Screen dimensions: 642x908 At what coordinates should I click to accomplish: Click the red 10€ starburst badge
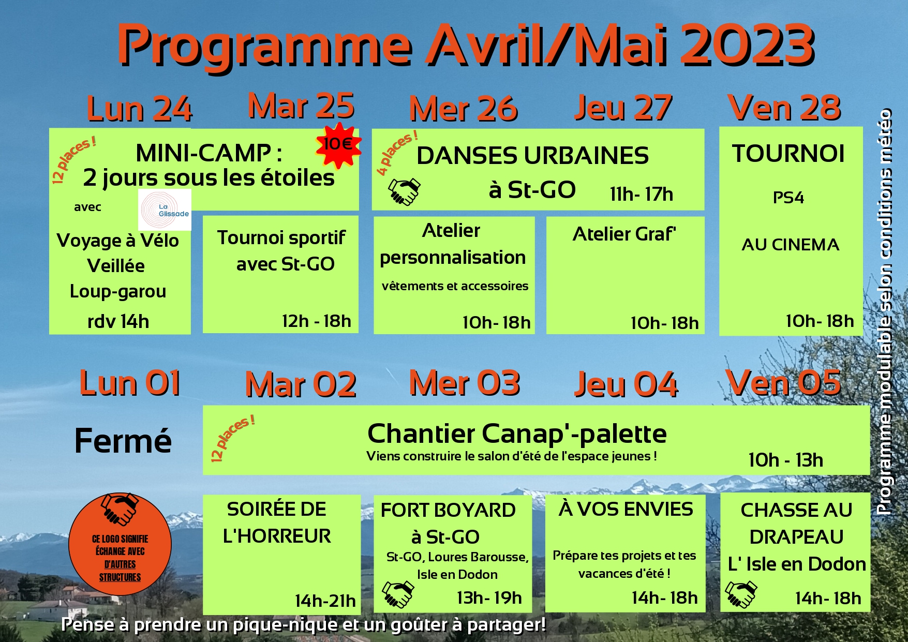click(x=338, y=145)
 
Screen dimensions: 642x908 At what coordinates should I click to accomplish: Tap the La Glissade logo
click(x=165, y=210)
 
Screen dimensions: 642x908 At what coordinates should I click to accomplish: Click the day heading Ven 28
click(x=784, y=108)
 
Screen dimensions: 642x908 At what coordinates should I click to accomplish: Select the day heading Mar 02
click(x=301, y=385)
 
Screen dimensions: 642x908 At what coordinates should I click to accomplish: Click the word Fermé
click(x=123, y=441)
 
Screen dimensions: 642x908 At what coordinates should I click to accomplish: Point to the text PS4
click(x=788, y=198)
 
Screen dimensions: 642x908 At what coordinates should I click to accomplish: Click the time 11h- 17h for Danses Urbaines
click(x=641, y=195)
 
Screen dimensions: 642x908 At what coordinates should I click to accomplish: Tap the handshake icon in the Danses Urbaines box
click(x=404, y=192)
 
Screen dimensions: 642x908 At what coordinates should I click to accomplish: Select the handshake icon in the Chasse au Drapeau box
click(x=741, y=594)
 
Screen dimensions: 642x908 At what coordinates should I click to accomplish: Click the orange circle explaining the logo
click(x=120, y=544)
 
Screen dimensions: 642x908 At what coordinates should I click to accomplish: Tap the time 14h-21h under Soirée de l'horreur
click(x=325, y=601)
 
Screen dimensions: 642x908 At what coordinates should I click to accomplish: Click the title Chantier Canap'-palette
click(x=517, y=434)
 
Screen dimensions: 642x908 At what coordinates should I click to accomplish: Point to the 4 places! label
click(x=396, y=153)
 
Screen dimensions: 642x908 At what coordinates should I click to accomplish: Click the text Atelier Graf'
click(x=624, y=234)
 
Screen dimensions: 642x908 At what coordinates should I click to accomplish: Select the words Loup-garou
click(x=118, y=291)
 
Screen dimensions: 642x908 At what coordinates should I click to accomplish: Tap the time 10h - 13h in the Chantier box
click(x=785, y=460)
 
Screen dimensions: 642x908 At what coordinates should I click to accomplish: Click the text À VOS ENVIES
click(x=626, y=510)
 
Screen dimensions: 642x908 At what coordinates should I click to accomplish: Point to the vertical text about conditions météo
click(x=885, y=310)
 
